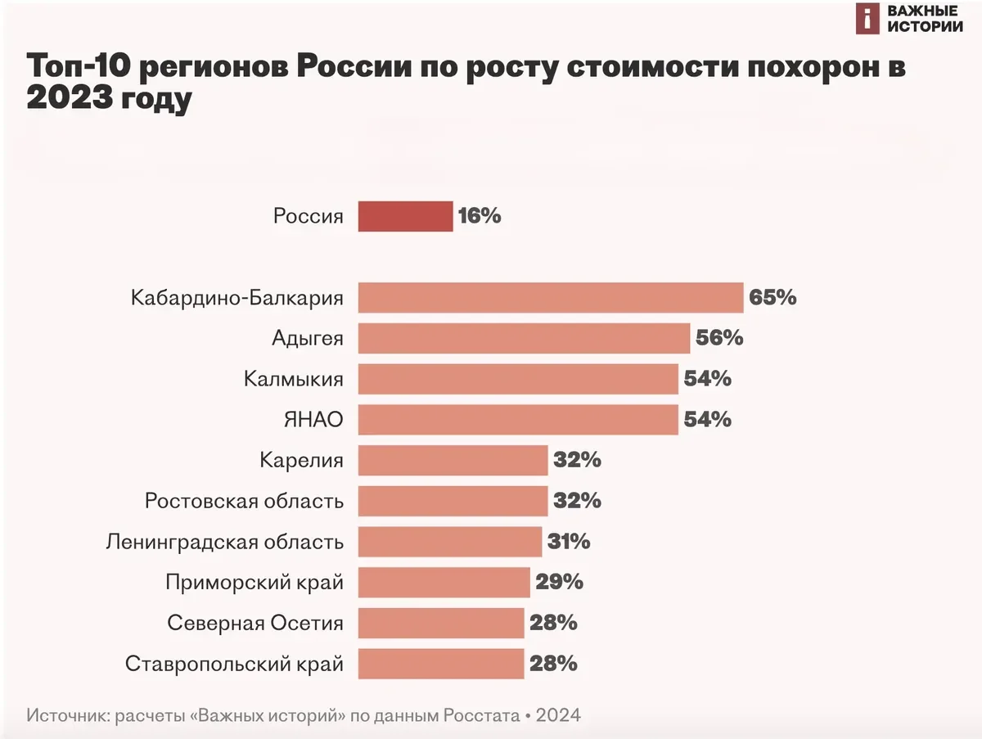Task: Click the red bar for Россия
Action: click(405, 217)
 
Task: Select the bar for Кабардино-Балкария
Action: click(550, 297)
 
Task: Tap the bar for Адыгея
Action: click(524, 338)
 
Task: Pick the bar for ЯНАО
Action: click(518, 420)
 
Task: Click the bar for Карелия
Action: click(453, 461)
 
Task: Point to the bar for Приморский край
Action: click(444, 583)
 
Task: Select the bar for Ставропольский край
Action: click(440, 664)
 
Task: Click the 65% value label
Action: click(773, 297)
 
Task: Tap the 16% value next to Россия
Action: click(480, 217)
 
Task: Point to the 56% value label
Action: click(719, 338)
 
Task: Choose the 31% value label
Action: click(569, 542)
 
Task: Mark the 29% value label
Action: click(560, 583)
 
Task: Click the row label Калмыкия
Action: click(294, 379)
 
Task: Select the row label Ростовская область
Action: click(244, 501)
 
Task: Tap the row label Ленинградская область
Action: click(225, 542)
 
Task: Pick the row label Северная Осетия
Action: click(255, 624)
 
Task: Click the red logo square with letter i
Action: click(867, 19)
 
